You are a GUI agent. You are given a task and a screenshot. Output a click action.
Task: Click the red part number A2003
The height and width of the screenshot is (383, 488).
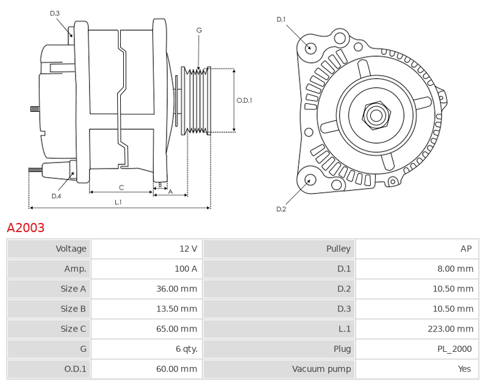[26, 228]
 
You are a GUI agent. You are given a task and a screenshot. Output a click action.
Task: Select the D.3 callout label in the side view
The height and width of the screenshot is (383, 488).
[54, 13]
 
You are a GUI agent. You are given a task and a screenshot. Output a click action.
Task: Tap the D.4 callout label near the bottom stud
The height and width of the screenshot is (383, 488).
[56, 196]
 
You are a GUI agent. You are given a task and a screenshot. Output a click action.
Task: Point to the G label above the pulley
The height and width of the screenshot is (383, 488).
[199, 30]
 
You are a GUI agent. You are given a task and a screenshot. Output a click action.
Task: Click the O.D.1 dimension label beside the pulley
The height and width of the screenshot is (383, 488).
[245, 100]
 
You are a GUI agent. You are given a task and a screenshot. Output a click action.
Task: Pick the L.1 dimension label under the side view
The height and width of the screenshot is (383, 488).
[118, 202]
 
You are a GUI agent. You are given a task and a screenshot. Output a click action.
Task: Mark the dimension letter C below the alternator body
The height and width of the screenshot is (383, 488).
[121, 188]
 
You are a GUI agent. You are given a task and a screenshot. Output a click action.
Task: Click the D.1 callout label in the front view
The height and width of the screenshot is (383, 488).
[281, 20]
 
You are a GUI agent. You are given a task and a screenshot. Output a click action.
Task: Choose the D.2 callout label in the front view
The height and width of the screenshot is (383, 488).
[281, 209]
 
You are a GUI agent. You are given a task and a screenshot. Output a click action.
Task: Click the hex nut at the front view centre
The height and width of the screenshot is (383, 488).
[376, 115]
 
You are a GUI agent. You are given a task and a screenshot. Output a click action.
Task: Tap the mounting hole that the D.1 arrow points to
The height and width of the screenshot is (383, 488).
[310, 48]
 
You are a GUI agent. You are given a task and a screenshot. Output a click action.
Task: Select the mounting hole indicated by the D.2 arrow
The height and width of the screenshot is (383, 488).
[309, 180]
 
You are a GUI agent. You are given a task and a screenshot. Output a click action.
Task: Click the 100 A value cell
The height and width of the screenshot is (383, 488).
[186, 269]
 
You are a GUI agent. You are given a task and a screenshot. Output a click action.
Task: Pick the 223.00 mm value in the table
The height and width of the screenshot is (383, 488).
[450, 329]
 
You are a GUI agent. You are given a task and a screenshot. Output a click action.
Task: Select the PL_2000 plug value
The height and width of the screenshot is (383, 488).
[454, 349]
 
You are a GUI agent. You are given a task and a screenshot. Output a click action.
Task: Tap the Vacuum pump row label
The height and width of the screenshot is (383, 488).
[321, 369]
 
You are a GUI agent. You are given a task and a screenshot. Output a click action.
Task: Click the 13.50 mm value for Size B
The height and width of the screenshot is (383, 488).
[176, 309]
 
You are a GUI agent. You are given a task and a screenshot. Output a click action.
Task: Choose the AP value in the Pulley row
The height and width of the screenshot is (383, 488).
[466, 249]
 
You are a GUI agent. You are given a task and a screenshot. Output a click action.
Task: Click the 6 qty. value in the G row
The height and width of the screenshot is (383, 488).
[187, 349]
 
